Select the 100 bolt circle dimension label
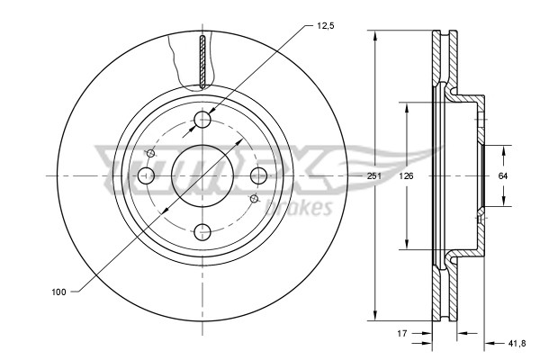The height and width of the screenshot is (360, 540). point(59,292)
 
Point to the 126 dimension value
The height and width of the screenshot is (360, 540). point(406,175)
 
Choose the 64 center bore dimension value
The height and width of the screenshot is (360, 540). point(503,175)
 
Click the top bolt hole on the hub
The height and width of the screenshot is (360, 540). point(202,120)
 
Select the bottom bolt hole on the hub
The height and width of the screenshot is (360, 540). point(202,230)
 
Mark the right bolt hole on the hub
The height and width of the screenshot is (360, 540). point(258,175)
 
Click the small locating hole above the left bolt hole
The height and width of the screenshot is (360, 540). point(150,154)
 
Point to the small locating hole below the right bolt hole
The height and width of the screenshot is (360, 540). point(255,197)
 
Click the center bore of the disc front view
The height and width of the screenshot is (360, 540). point(202,175)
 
